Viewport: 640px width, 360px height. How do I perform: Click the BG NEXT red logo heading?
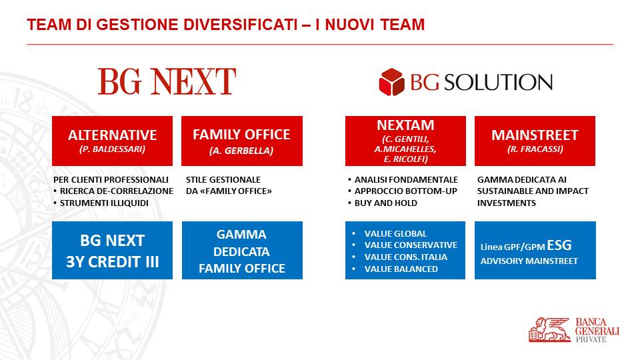pos(167,81)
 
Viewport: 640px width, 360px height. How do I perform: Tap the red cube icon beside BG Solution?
pos(391,81)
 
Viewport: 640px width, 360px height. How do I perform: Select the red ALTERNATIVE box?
pos(112,141)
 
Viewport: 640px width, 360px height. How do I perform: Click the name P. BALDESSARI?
pos(112,149)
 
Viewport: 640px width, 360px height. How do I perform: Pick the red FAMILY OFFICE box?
pos(242,141)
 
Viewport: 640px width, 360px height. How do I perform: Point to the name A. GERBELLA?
pos(241,151)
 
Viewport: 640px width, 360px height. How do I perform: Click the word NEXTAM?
pos(405,125)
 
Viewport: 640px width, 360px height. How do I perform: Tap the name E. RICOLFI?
pos(405,159)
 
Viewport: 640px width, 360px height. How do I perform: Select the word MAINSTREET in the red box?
pos(535,135)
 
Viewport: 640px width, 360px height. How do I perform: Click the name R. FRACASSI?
pos(535,149)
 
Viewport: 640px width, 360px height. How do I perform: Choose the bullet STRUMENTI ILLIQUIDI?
pos(104,203)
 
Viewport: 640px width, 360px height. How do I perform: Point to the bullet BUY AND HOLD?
pos(386,203)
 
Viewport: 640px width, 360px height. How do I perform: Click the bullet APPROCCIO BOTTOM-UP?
pos(406,191)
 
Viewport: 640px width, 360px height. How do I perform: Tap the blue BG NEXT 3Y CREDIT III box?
pos(112,250)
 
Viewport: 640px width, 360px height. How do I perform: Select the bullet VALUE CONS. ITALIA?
pos(406,257)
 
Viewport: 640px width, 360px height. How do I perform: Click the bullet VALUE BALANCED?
pos(401,269)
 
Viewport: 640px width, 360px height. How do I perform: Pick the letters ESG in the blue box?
pos(559,245)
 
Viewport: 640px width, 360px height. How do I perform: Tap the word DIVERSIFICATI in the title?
pos(240,25)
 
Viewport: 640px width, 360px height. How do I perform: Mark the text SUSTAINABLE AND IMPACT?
pos(533,191)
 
